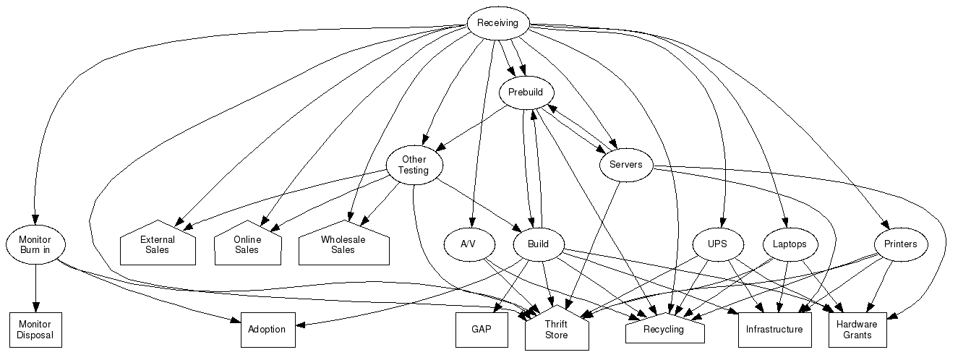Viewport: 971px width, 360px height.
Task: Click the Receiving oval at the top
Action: (497, 23)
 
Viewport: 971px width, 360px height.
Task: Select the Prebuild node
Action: (526, 93)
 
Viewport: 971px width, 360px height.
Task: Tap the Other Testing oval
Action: (414, 165)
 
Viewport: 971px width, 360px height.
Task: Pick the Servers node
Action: (625, 165)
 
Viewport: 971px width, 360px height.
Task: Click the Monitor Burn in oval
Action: (35, 244)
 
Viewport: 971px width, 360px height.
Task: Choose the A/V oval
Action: (468, 244)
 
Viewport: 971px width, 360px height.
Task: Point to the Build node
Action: (538, 244)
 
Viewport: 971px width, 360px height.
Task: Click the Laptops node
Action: (789, 244)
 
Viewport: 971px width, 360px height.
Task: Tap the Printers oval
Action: (900, 244)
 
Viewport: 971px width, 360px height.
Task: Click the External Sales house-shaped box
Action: (157, 244)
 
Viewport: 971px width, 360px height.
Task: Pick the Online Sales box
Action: (247, 244)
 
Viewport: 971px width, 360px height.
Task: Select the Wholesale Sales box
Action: (343, 244)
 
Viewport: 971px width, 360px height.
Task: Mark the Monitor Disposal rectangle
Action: (35, 330)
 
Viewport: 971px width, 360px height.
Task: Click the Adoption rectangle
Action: (268, 330)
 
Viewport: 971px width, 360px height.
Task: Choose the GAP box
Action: (482, 330)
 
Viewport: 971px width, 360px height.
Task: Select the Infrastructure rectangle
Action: (774, 330)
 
